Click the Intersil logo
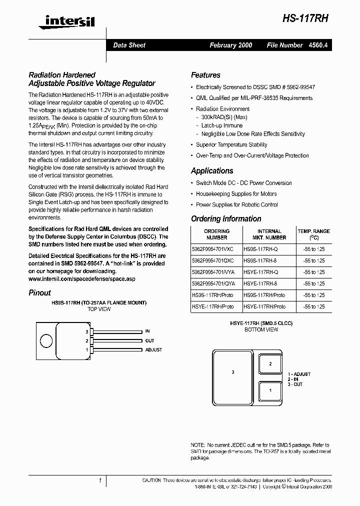click(70, 20)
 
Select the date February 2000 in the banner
click(230, 45)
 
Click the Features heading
click(205, 75)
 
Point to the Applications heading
click(212, 170)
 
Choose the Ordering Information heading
click(226, 218)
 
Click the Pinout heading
click(39, 293)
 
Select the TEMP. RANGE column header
click(313, 234)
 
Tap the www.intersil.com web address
click(82, 278)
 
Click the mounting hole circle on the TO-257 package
click(46, 340)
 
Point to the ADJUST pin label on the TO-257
click(153, 350)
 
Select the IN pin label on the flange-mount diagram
click(147, 331)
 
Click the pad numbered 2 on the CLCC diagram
click(270, 364)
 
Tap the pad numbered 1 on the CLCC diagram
click(270, 390)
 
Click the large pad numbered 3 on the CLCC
click(233, 372)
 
